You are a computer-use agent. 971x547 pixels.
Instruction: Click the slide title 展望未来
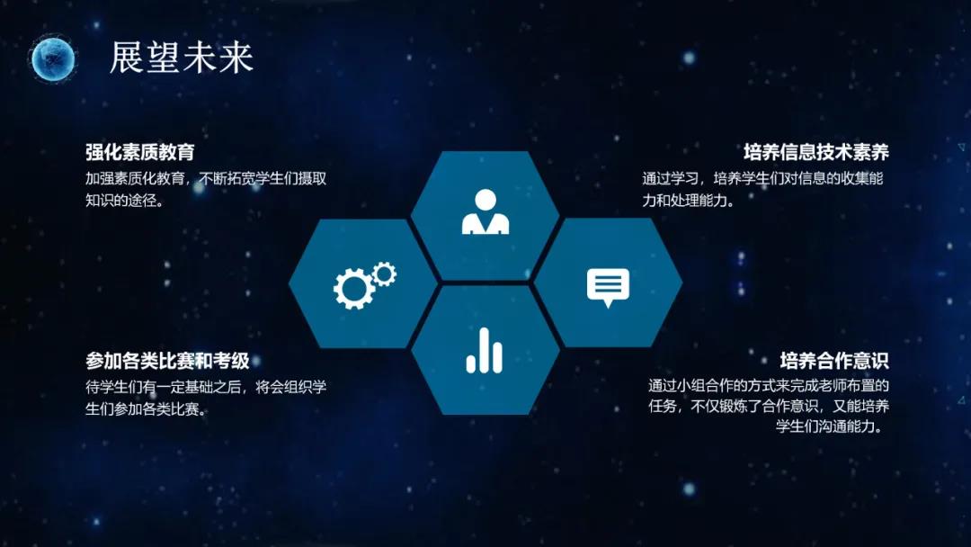pos(182,58)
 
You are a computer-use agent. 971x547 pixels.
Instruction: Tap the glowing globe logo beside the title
pos(53,58)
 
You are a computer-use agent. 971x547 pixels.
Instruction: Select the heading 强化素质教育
pos(140,152)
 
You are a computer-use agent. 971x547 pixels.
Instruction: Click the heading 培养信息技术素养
pos(816,152)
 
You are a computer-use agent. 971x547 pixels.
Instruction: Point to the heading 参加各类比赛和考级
pos(167,360)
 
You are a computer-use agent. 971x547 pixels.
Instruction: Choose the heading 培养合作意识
pos(834,360)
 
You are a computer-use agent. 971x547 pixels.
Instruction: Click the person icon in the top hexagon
pos(485,211)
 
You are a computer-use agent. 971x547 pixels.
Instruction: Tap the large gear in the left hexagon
pos(353,289)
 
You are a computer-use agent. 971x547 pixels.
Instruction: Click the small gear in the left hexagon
pos(385,273)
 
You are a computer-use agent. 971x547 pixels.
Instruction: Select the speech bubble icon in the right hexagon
pos(608,287)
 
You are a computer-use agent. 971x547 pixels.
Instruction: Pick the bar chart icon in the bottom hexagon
pos(485,351)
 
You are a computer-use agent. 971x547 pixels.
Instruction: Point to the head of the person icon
pos(485,200)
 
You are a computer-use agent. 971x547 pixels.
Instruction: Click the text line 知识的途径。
pos(124,200)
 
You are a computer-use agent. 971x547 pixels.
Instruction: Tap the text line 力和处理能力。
pos(688,200)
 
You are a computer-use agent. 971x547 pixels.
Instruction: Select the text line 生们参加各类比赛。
pos(147,408)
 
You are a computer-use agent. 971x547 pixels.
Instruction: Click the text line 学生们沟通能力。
pos(829,426)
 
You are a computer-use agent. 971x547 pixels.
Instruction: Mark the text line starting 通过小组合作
pos(769,385)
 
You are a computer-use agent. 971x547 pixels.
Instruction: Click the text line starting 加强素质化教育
pos(206,178)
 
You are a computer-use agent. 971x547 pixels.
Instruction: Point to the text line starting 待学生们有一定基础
pos(206,387)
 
